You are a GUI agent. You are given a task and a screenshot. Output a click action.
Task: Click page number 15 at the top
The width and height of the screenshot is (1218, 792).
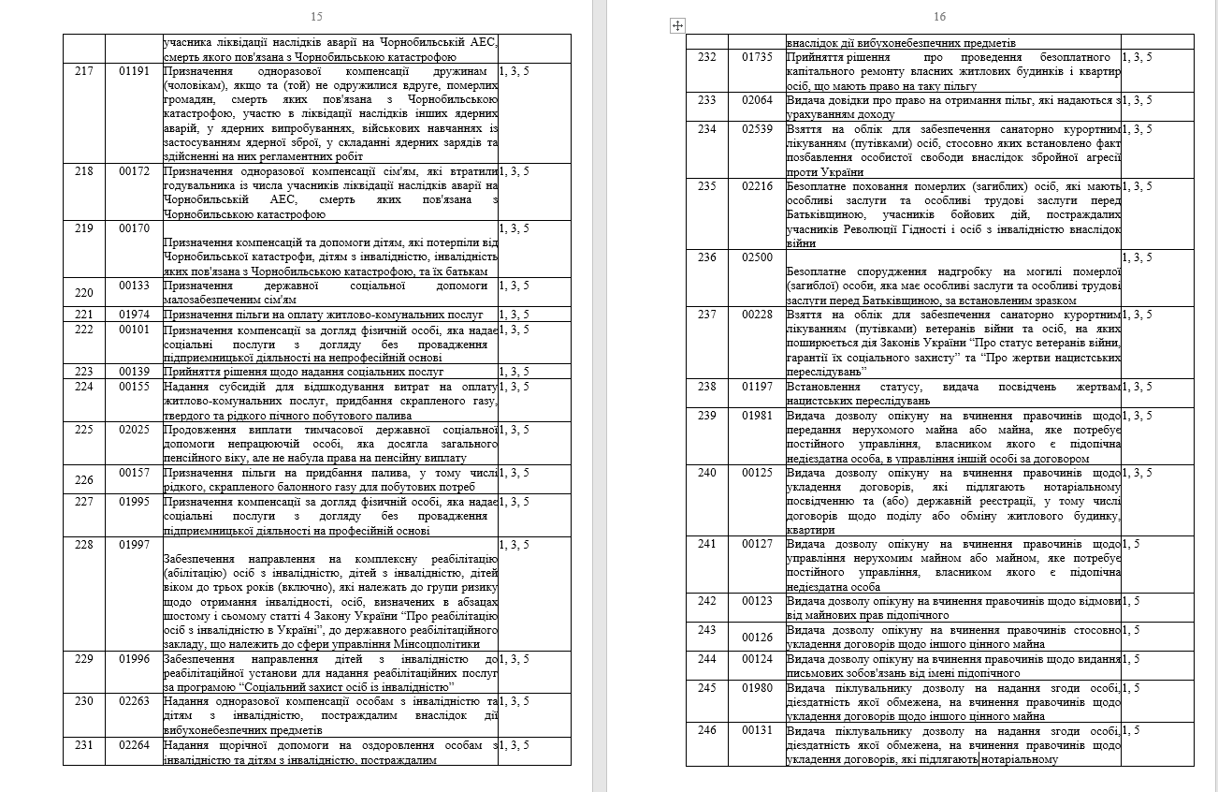316,17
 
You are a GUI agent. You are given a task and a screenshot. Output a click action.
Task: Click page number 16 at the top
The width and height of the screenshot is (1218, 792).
940,17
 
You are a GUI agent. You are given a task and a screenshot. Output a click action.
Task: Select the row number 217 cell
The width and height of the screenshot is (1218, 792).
83,70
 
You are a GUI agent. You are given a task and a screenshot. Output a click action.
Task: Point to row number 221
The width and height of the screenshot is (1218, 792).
83,315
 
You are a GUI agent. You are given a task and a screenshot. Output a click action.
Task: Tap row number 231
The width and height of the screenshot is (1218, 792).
83,745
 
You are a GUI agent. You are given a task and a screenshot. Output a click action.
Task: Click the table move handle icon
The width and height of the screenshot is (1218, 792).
678,26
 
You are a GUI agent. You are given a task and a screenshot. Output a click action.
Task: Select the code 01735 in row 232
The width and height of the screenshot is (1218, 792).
758,57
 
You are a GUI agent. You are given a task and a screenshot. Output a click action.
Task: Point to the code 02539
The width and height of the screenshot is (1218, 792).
758,129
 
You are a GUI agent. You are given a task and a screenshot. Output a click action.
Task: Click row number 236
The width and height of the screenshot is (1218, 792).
706,257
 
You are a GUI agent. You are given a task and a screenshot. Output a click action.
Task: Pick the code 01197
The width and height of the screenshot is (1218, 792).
758,387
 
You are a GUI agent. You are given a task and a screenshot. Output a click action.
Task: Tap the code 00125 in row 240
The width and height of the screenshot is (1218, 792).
758,473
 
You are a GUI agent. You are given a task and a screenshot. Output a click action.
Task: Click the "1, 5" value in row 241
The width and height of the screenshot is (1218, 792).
1131,544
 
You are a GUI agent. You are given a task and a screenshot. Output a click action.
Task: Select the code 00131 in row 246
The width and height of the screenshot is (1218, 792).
758,730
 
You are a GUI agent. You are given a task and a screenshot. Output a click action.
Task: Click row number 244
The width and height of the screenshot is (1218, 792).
706,659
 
